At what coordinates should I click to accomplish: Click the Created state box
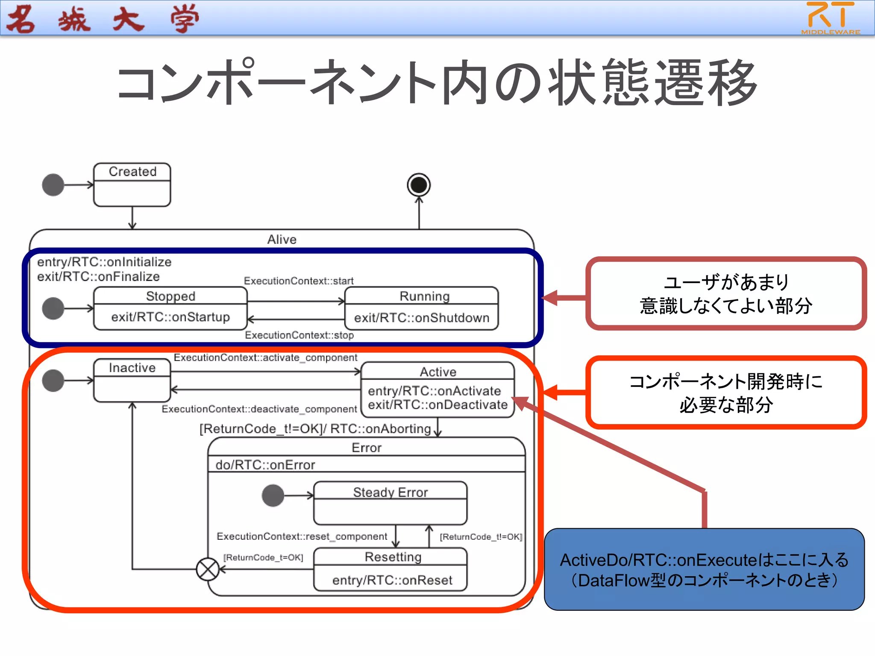coord(132,184)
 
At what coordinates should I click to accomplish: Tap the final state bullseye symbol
coord(419,185)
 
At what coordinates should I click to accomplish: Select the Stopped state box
coord(170,308)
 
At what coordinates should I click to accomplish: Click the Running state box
coord(421,308)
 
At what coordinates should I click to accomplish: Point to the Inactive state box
coord(132,380)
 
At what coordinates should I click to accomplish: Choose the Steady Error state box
coord(390,503)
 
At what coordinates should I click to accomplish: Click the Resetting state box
coord(390,569)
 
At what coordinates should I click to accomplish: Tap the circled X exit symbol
coord(208,569)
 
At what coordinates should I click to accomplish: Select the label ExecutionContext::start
coord(299,281)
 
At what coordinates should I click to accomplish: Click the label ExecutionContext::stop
coord(299,335)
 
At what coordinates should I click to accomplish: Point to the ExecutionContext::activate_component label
coord(265,357)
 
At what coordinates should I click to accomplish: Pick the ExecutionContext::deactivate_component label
coord(259,409)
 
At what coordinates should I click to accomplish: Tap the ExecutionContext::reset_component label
coord(302,536)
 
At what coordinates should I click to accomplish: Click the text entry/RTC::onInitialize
coord(104,262)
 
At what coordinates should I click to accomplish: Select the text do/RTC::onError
coord(265,465)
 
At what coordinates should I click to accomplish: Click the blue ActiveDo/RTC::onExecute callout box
coord(704,569)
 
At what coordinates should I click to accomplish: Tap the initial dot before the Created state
coord(53,185)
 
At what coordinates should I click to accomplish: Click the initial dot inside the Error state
coord(273,496)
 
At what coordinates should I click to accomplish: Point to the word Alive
coord(282,240)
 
